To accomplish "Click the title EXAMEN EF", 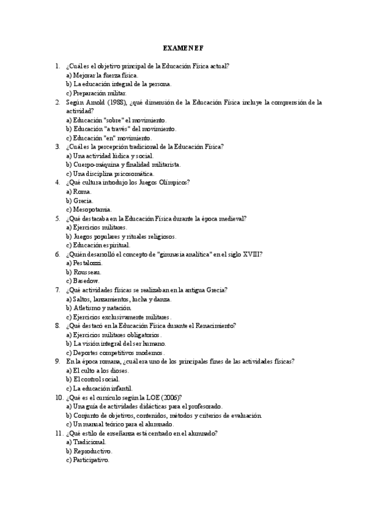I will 183,48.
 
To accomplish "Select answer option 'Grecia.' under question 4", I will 83,200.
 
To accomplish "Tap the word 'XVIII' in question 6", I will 251,254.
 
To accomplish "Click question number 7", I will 57,290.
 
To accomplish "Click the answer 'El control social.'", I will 96,379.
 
